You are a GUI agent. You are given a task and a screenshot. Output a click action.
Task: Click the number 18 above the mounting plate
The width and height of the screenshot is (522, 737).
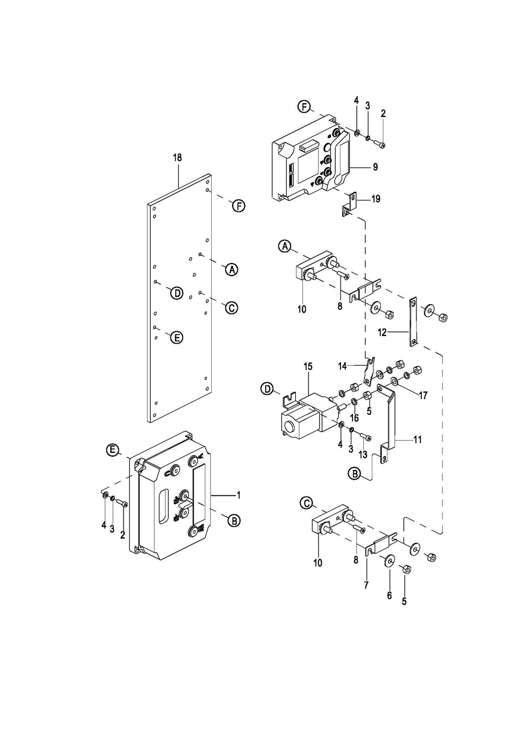tap(177, 158)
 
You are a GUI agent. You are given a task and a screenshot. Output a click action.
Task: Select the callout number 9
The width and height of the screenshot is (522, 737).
tap(375, 167)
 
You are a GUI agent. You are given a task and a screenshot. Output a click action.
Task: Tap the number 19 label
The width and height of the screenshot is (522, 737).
tap(375, 199)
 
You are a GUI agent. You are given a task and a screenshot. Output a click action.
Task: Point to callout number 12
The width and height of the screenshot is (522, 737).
tap(382, 333)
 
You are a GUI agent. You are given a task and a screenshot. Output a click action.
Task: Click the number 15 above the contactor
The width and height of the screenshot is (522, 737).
tap(308, 367)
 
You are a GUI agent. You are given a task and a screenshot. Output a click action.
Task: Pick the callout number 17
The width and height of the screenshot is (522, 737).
tap(423, 395)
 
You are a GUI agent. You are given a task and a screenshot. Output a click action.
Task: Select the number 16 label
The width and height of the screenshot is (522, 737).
tap(354, 418)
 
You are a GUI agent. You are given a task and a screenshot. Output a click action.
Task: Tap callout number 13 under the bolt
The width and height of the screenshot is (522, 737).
tap(362, 454)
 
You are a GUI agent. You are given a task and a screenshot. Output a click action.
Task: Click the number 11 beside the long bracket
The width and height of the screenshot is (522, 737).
tap(418, 439)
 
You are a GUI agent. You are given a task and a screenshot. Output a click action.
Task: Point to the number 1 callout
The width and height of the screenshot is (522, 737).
tap(239, 495)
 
